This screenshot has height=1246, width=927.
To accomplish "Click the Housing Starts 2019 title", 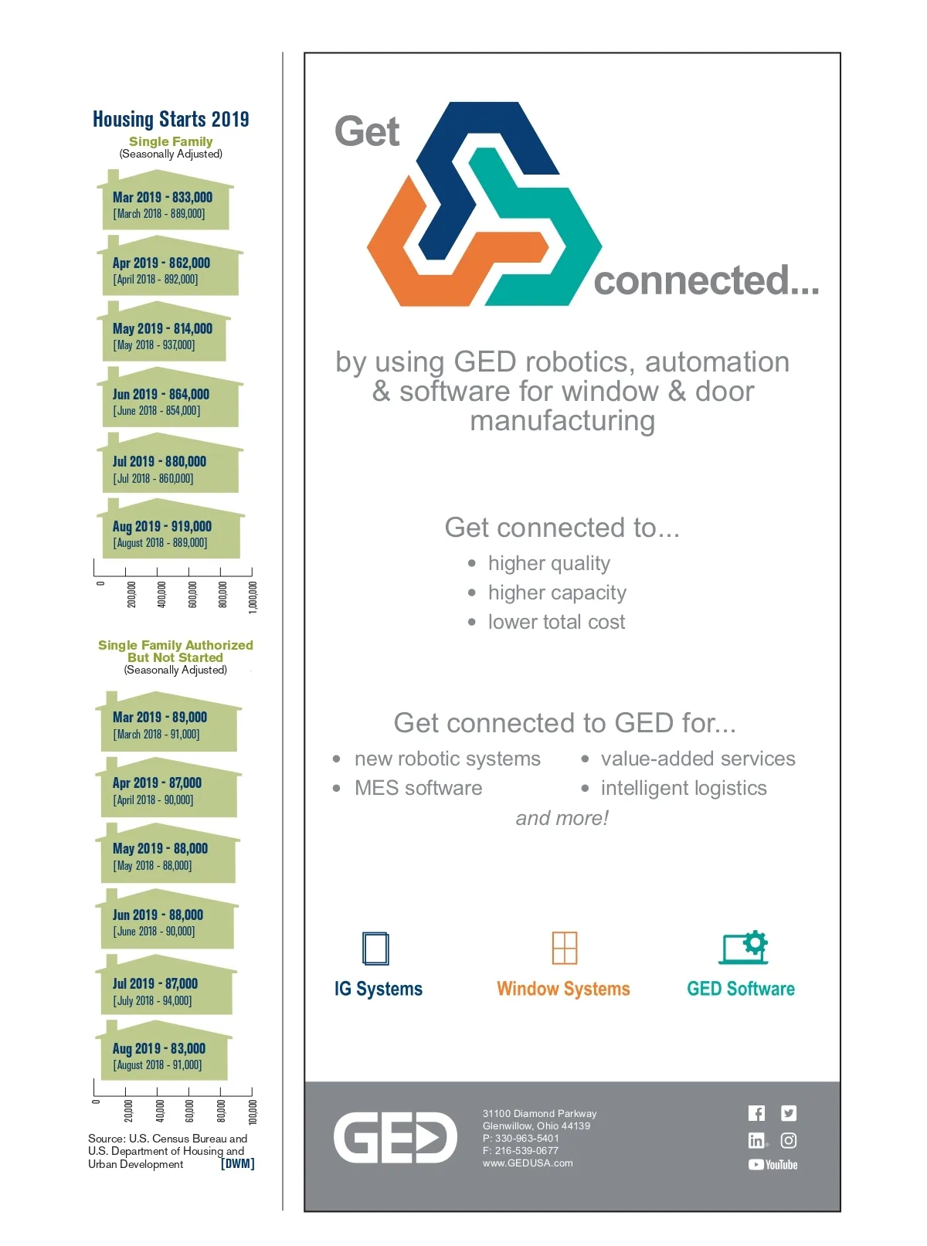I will pyautogui.click(x=171, y=119).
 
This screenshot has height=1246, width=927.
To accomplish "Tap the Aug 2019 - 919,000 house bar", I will pyautogui.click(x=170, y=533).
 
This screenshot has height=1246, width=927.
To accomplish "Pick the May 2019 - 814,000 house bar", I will pyautogui.click(x=164, y=335).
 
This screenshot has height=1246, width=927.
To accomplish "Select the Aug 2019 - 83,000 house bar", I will pyautogui.click(x=163, y=1055).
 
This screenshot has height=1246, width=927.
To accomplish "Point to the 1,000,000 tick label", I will pyautogui.click(x=253, y=597).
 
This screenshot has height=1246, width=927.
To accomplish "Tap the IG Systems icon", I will pyautogui.click(x=376, y=949).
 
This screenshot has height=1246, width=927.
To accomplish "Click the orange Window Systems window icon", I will pyautogui.click(x=565, y=948).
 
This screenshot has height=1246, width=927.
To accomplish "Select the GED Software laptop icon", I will pyautogui.click(x=743, y=948).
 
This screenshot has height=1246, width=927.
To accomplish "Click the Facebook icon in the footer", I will pyautogui.click(x=756, y=1113).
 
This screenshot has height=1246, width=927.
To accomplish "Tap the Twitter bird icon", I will pyautogui.click(x=789, y=1113).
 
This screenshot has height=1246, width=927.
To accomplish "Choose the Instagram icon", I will pyautogui.click(x=789, y=1140).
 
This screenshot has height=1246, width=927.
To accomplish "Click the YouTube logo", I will pyautogui.click(x=772, y=1165).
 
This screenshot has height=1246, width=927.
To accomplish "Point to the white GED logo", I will pyautogui.click(x=395, y=1138).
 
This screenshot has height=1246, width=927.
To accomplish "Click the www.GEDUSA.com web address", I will pyautogui.click(x=528, y=1163).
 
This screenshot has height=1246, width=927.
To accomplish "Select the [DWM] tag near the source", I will pyautogui.click(x=237, y=1163).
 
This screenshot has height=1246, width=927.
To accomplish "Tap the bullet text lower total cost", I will pyautogui.click(x=556, y=622).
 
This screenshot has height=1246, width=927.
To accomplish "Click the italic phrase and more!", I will pyautogui.click(x=562, y=818).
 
